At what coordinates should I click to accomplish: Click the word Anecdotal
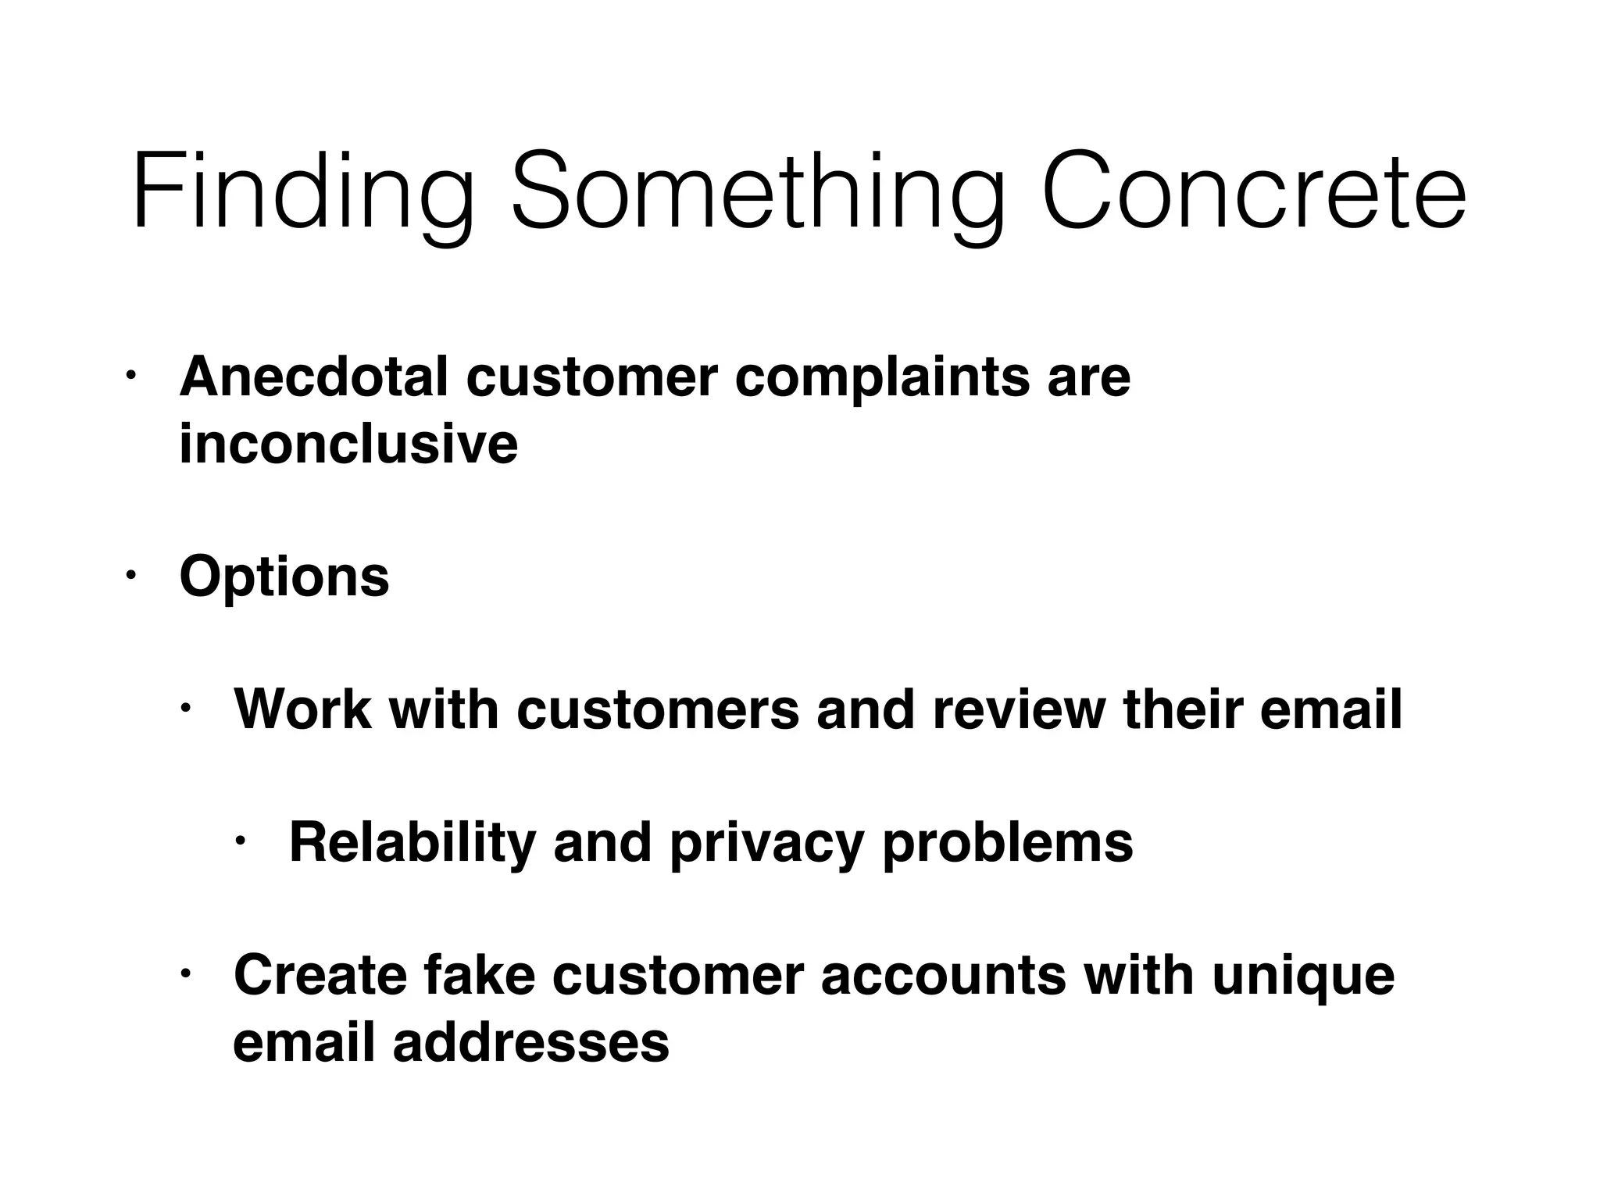314,377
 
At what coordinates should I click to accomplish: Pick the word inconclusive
348,444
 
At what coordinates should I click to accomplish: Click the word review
1019,709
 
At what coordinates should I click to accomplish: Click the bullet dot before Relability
241,841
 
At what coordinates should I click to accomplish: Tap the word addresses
530,1043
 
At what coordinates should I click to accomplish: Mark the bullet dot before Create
185,973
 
